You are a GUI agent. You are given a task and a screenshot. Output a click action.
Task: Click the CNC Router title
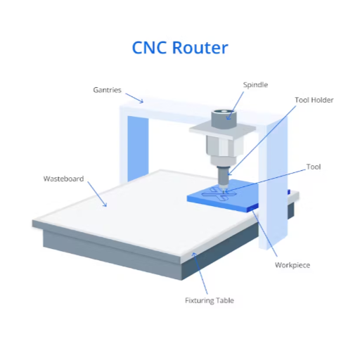point(180,48)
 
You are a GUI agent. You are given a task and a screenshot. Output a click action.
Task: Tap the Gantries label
point(107,90)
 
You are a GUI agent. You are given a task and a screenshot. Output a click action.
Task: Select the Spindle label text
point(255,85)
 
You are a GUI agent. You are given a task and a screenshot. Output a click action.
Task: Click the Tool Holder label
point(314,100)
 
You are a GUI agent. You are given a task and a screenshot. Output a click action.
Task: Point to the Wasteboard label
point(63,179)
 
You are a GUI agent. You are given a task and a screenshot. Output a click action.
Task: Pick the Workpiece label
point(292,265)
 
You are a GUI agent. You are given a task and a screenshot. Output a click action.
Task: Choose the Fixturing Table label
point(210,300)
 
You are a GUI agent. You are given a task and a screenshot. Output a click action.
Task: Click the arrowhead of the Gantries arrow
point(141,101)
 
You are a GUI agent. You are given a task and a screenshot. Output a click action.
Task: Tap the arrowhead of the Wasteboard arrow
point(105,205)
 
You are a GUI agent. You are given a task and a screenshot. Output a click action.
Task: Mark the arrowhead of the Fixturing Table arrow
point(194,254)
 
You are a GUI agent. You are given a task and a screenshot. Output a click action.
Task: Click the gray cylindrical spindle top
point(224,119)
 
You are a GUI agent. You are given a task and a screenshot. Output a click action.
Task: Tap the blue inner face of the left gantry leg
point(138,148)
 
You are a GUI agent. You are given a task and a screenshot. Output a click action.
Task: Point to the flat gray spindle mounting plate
point(222,131)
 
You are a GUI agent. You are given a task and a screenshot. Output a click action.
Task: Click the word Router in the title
point(200,48)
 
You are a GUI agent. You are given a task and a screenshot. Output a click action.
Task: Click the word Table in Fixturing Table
point(225,300)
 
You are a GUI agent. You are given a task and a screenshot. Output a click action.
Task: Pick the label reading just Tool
point(314,167)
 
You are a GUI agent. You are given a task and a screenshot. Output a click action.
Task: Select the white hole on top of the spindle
point(224,111)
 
